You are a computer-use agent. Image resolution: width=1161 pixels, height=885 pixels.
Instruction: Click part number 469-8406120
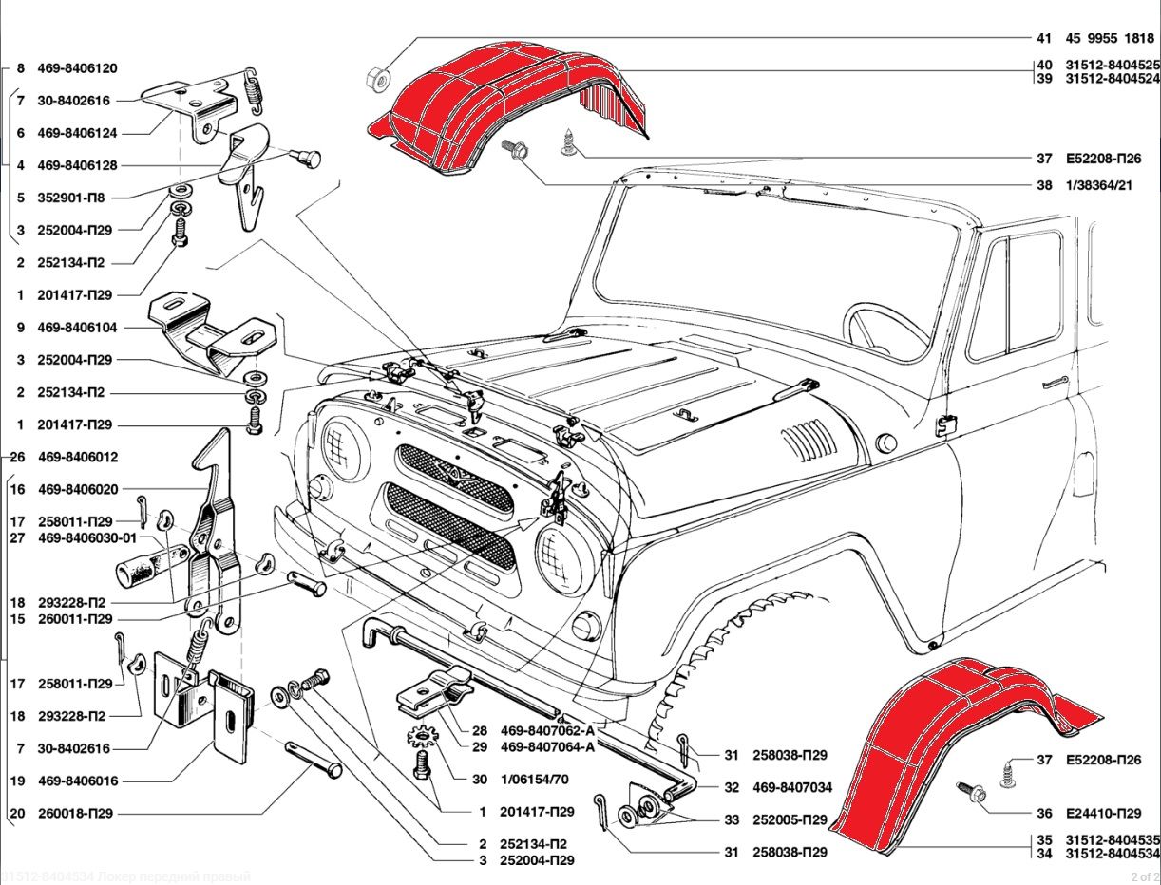click(78, 69)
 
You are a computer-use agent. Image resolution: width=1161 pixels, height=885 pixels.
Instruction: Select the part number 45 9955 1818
click(1110, 39)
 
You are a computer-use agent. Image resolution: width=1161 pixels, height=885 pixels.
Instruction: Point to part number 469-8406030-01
click(88, 538)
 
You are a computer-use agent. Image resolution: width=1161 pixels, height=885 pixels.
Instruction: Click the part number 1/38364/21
click(1099, 185)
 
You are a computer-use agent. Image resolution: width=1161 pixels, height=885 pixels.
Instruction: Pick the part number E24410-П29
click(1103, 814)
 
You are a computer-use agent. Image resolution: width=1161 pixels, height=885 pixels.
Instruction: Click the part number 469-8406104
click(78, 328)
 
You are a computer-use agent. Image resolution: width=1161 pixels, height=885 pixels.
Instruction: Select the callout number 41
click(1044, 39)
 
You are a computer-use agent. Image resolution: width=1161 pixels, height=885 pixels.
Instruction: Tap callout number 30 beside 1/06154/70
click(480, 779)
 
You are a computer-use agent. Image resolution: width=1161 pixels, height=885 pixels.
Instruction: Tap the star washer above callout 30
click(421, 736)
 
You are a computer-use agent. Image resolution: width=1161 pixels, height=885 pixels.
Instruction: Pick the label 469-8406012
click(78, 457)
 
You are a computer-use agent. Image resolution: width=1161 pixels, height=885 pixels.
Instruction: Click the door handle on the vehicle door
click(1055, 384)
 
